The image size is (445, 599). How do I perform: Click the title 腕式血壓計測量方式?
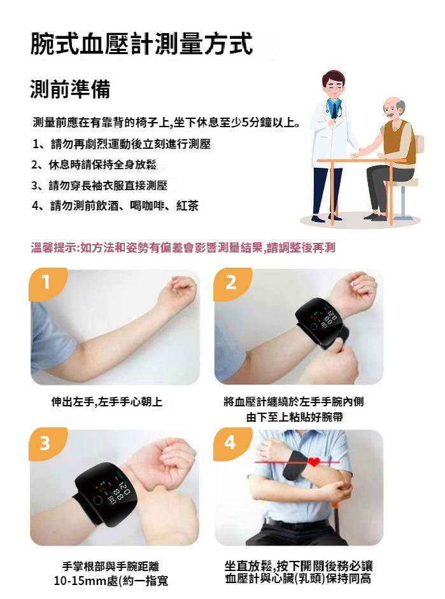(141, 44)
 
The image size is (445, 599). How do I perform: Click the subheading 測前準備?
(70, 90)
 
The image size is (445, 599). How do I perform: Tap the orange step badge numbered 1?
(46, 283)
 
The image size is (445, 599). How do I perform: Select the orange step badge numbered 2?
(231, 283)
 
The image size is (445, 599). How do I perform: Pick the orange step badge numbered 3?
(46, 443)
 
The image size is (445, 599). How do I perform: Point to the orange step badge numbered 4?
(230, 443)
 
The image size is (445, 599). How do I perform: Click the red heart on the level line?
(314, 462)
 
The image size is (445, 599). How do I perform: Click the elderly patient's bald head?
(394, 103)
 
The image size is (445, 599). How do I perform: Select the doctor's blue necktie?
(334, 109)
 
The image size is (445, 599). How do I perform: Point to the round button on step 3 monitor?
(97, 501)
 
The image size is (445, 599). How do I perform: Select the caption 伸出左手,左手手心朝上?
(107, 402)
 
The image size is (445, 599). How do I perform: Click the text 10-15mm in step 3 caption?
(76, 581)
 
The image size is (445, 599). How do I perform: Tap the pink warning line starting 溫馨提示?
(183, 248)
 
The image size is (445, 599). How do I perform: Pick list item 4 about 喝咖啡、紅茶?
(115, 206)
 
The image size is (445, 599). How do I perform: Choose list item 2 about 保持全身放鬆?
(94, 165)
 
